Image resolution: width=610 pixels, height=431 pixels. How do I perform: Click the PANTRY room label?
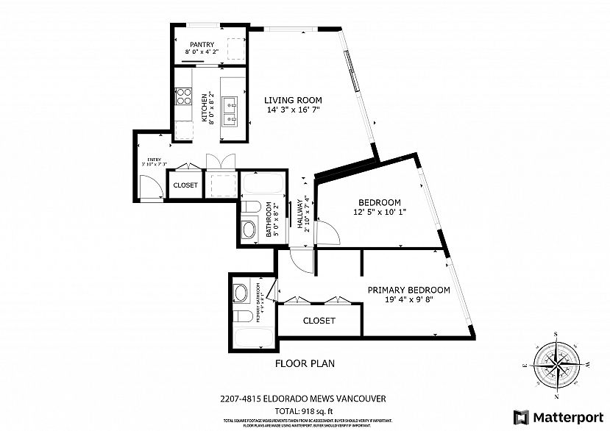coord(201,44)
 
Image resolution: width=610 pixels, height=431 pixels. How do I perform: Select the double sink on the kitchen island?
coord(230,110)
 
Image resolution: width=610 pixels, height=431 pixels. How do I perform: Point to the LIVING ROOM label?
coord(293,100)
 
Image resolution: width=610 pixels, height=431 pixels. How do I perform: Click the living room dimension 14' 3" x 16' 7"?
coord(293,110)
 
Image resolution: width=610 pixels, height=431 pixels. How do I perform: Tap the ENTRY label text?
coord(154,159)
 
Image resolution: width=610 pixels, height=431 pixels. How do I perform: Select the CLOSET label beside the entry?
coord(185,185)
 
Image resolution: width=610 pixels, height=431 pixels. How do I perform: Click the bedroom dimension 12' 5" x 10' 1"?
coord(379,213)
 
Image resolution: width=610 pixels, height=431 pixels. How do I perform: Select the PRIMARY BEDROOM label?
coord(408,290)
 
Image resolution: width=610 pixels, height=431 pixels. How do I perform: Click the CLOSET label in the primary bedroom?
coord(319,321)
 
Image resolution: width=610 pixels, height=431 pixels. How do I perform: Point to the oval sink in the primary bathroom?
coord(240,294)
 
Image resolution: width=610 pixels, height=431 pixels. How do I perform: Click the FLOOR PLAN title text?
coord(305,363)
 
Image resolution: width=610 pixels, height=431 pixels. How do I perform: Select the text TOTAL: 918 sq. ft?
coord(305,410)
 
